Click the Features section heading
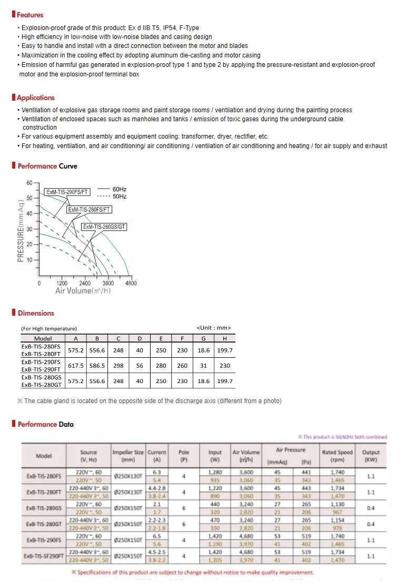point(30,15)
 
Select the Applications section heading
point(35,97)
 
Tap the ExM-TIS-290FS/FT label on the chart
point(67,192)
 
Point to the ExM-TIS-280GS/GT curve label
point(104,227)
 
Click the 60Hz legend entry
point(120,189)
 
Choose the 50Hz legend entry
point(120,197)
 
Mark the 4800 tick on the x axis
point(131,283)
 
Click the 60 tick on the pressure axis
point(29,183)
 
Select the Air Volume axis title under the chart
point(83,291)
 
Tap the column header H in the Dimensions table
point(225,338)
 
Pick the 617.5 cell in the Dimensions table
point(76,365)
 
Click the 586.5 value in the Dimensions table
point(97,365)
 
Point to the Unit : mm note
point(213,328)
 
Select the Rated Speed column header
point(337,455)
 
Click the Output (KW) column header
point(371,455)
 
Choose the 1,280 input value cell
point(215,473)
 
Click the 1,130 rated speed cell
point(337,503)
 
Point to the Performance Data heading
point(46,424)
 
